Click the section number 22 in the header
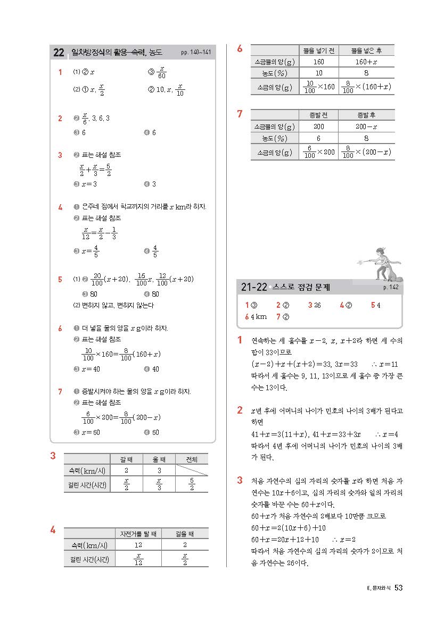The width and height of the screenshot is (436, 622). point(59,53)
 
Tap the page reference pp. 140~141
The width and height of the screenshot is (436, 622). point(196,53)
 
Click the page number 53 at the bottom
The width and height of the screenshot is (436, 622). point(399,587)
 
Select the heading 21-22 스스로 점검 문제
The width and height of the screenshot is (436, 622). point(285,288)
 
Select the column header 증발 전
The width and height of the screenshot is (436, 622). point(319,115)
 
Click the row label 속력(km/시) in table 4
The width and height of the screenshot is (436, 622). point(85,545)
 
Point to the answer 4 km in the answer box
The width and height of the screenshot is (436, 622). point(256,317)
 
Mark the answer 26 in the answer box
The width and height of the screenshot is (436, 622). point(317,305)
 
